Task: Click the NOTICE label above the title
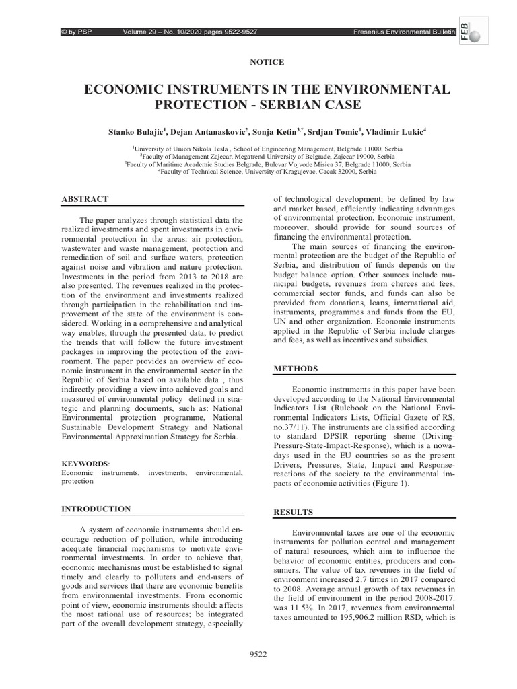[x=267, y=62]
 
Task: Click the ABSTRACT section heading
[x=85, y=199]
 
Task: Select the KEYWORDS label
[x=84, y=464]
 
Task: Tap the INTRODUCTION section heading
[x=96, y=509]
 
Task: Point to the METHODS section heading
[x=296, y=369]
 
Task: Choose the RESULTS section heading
[x=294, y=512]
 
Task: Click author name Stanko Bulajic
[x=137, y=133]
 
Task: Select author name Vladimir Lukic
[x=394, y=133]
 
